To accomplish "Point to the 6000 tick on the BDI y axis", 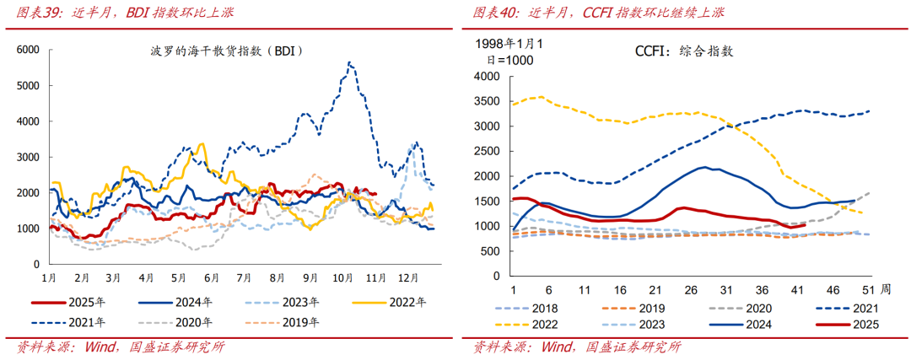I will tap(28, 50).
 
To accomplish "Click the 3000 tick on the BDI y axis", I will tap(28, 157).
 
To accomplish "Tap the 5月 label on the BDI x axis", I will tap(179, 277).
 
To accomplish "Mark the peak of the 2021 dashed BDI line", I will tap(348, 62).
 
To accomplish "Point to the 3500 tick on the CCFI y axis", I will tap(488, 101).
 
